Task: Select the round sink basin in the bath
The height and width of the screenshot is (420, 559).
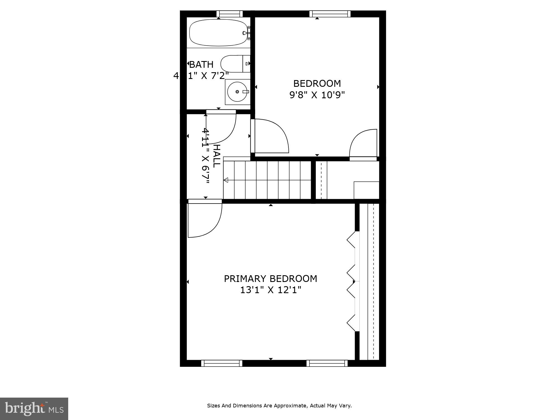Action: click(237, 92)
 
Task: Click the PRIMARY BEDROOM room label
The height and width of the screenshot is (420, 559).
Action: click(270, 279)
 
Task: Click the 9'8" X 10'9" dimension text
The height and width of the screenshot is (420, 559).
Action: click(317, 95)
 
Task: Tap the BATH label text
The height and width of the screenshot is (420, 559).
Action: click(201, 65)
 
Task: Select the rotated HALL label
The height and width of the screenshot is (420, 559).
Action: click(217, 156)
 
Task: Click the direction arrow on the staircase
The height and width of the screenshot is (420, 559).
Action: click(226, 180)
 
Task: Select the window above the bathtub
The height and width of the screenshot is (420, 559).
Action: click(229, 14)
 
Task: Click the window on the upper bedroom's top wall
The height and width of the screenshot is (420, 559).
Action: click(330, 14)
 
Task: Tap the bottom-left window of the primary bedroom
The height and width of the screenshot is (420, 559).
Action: click(222, 363)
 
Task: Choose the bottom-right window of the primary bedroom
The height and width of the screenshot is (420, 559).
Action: click(327, 363)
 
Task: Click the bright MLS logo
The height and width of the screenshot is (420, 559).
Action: click(34, 409)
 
